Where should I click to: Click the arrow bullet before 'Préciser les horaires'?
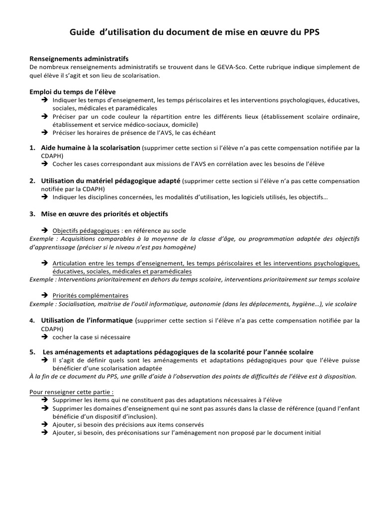[43, 133]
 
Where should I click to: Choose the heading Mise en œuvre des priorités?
[104, 214]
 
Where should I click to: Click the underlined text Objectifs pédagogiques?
[86, 231]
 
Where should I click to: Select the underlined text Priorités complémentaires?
[90, 295]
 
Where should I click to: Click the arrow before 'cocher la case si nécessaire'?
[43, 337]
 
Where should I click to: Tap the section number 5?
[32, 352]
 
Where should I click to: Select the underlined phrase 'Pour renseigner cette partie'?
[71, 392]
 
